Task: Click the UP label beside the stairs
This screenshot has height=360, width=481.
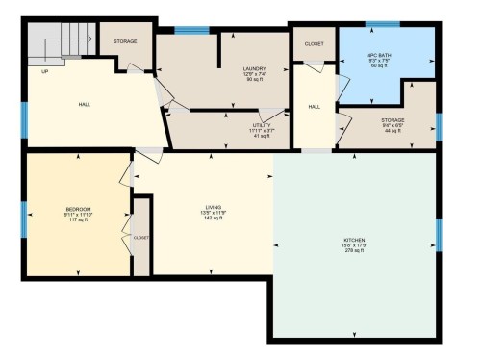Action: coord(44,70)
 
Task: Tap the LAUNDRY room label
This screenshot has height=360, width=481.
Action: coord(254,68)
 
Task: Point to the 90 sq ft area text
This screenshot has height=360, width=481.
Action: coord(254,80)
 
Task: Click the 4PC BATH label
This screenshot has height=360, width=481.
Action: coord(379,55)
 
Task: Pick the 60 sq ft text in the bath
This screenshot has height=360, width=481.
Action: coord(379,66)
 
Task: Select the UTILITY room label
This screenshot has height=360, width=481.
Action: coord(263,124)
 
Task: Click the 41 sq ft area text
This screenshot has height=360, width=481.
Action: coord(263,136)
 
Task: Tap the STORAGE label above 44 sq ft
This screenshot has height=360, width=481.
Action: coord(392,119)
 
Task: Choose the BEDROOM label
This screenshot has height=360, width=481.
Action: coord(78,209)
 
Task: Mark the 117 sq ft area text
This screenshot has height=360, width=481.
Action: coord(78,220)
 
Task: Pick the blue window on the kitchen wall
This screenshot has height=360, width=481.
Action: coord(439,234)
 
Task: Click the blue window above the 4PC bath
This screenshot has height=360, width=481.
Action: coord(382,24)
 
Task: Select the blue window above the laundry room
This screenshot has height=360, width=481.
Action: coord(191,31)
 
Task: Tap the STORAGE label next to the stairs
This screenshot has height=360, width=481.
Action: coord(126,42)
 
